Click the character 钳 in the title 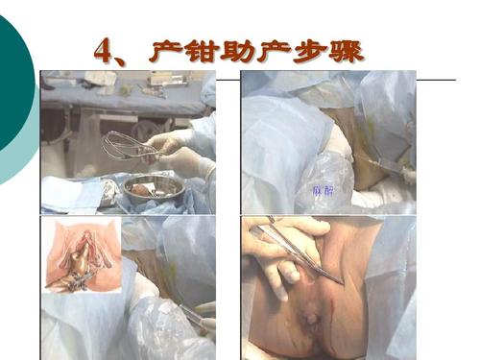coord(203,50)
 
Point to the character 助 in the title coord(240,50)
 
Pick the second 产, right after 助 coord(276,50)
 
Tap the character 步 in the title coord(313,50)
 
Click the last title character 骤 coord(349,50)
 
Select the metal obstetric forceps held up coord(130,145)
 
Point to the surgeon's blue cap coord(209,91)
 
